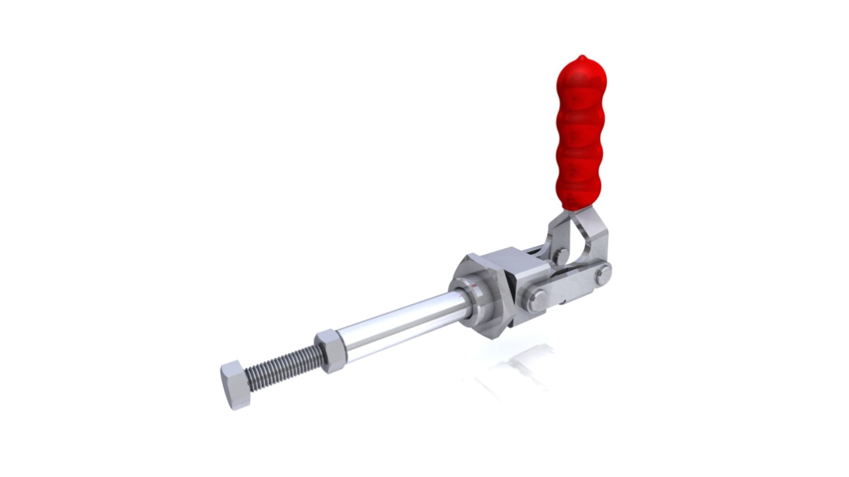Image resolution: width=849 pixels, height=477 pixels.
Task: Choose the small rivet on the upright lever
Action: (x=561, y=256)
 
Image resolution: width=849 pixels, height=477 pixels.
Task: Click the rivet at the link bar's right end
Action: (x=603, y=274)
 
